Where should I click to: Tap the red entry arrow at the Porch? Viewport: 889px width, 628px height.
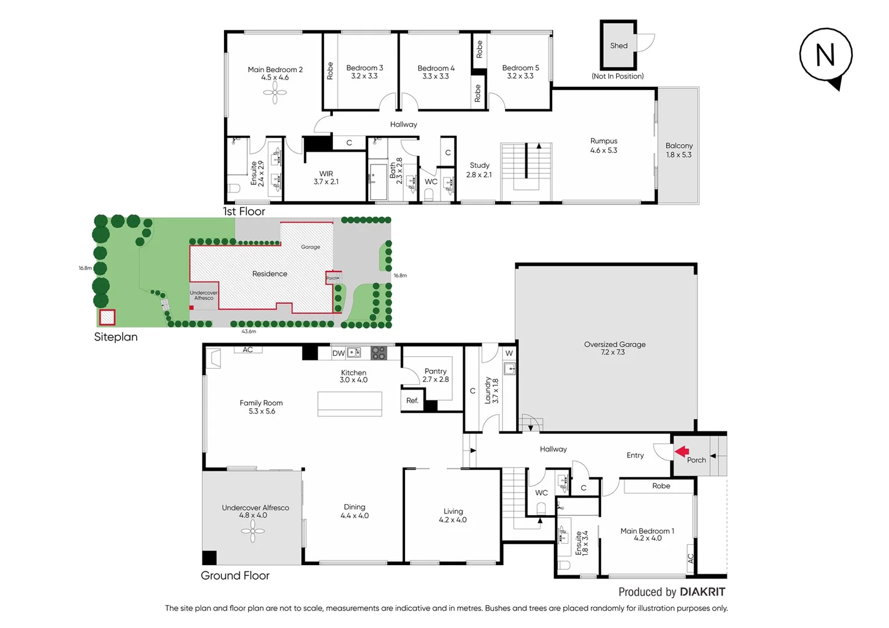681,451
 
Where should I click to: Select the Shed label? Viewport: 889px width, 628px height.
618,46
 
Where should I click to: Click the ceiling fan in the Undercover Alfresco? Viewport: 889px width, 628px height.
253,530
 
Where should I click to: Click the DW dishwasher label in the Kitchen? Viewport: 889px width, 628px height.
338,353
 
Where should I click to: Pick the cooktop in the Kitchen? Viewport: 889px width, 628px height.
379,352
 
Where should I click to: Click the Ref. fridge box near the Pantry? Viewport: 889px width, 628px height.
413,401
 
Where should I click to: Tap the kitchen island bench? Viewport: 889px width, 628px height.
349,404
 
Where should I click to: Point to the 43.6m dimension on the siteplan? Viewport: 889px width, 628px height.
248,331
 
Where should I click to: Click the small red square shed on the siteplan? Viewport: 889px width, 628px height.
107,317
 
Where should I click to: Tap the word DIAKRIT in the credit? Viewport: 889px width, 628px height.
702,592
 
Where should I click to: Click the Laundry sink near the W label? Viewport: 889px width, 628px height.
510,369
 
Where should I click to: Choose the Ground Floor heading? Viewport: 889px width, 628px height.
235,576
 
